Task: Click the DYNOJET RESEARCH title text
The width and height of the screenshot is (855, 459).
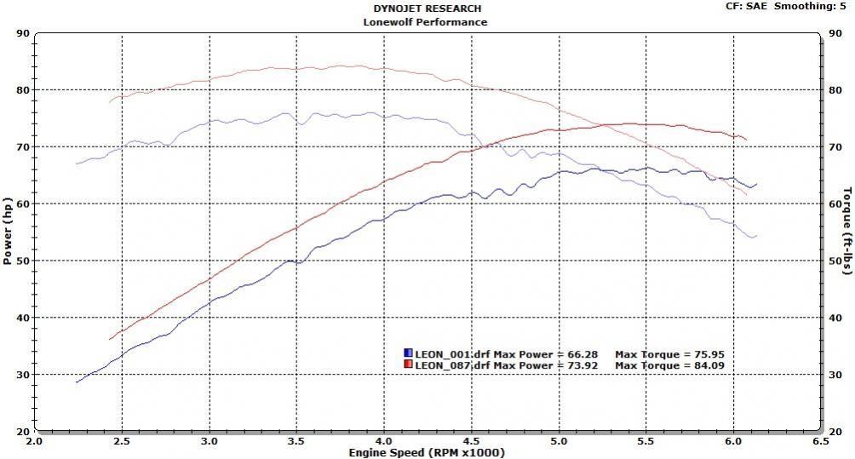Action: click(x=426, y=9)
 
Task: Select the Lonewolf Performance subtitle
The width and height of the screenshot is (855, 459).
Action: click(x=426, y=22)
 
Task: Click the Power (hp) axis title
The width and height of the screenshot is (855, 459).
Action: click(x=9, y=232)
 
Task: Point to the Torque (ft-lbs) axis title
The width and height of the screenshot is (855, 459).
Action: click(x=847, y=232)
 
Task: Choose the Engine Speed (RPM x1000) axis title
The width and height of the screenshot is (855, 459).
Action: click(x=426, y=452)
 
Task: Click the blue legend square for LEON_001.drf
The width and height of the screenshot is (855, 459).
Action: click(x=409, y=353)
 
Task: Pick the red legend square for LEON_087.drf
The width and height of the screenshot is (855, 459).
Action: click(x=409, y=365)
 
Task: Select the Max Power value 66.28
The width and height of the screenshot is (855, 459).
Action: click(x=583, y=353)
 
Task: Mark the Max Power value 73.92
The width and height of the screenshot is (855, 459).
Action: click(x=583, y=365)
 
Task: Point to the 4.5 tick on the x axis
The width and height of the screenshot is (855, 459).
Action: click(x=472, y=442)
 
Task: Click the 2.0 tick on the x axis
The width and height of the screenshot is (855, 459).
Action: click(x=34, y=442)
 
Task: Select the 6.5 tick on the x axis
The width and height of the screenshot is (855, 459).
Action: click(x=822, y=442)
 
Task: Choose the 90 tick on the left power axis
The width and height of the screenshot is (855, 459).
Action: click(x=23, y=33)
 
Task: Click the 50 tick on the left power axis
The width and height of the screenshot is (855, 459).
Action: click(x=23, y=261)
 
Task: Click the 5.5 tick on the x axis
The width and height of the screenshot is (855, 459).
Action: click(x=647, y=442)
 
